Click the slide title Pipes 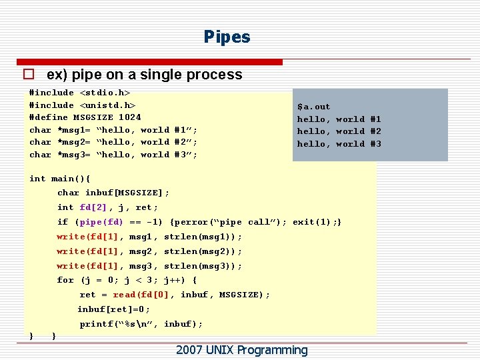(x=227, y=37)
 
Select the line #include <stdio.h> (x=79, y=93)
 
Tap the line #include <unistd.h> (x=82, y=105)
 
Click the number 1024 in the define (x=129, y=117)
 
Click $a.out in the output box (x=313, y=107)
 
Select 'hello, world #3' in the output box (x=339, y=144)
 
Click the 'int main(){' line (x=60, y=179)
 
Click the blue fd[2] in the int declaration (x=93, y=208)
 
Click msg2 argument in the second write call (x=141, y=252)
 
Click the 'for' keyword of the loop (x=65, y=281)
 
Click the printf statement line (x=141, y=325)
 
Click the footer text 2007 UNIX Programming (x=241, y=350)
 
